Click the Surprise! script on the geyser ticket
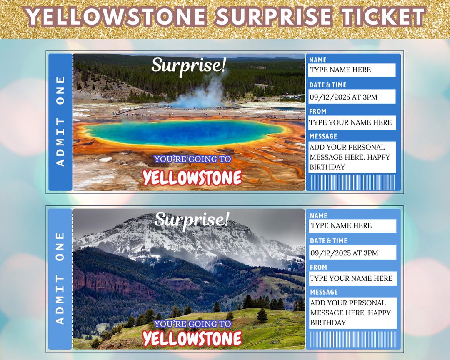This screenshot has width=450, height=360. (189, 65)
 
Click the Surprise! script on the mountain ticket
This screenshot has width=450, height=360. (192, 219)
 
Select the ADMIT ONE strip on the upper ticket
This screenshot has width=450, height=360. (60, 121)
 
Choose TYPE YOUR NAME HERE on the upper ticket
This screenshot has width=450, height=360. (350, 122)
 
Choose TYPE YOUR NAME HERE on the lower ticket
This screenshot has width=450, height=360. (351, 278)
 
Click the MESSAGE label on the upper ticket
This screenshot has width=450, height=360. (323, 136)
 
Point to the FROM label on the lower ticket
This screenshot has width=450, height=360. (318, 267)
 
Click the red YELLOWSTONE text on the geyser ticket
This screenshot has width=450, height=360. (192, 178)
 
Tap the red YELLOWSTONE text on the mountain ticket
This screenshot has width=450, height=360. (192, 338)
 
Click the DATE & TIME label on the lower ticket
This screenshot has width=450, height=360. (328, 241)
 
